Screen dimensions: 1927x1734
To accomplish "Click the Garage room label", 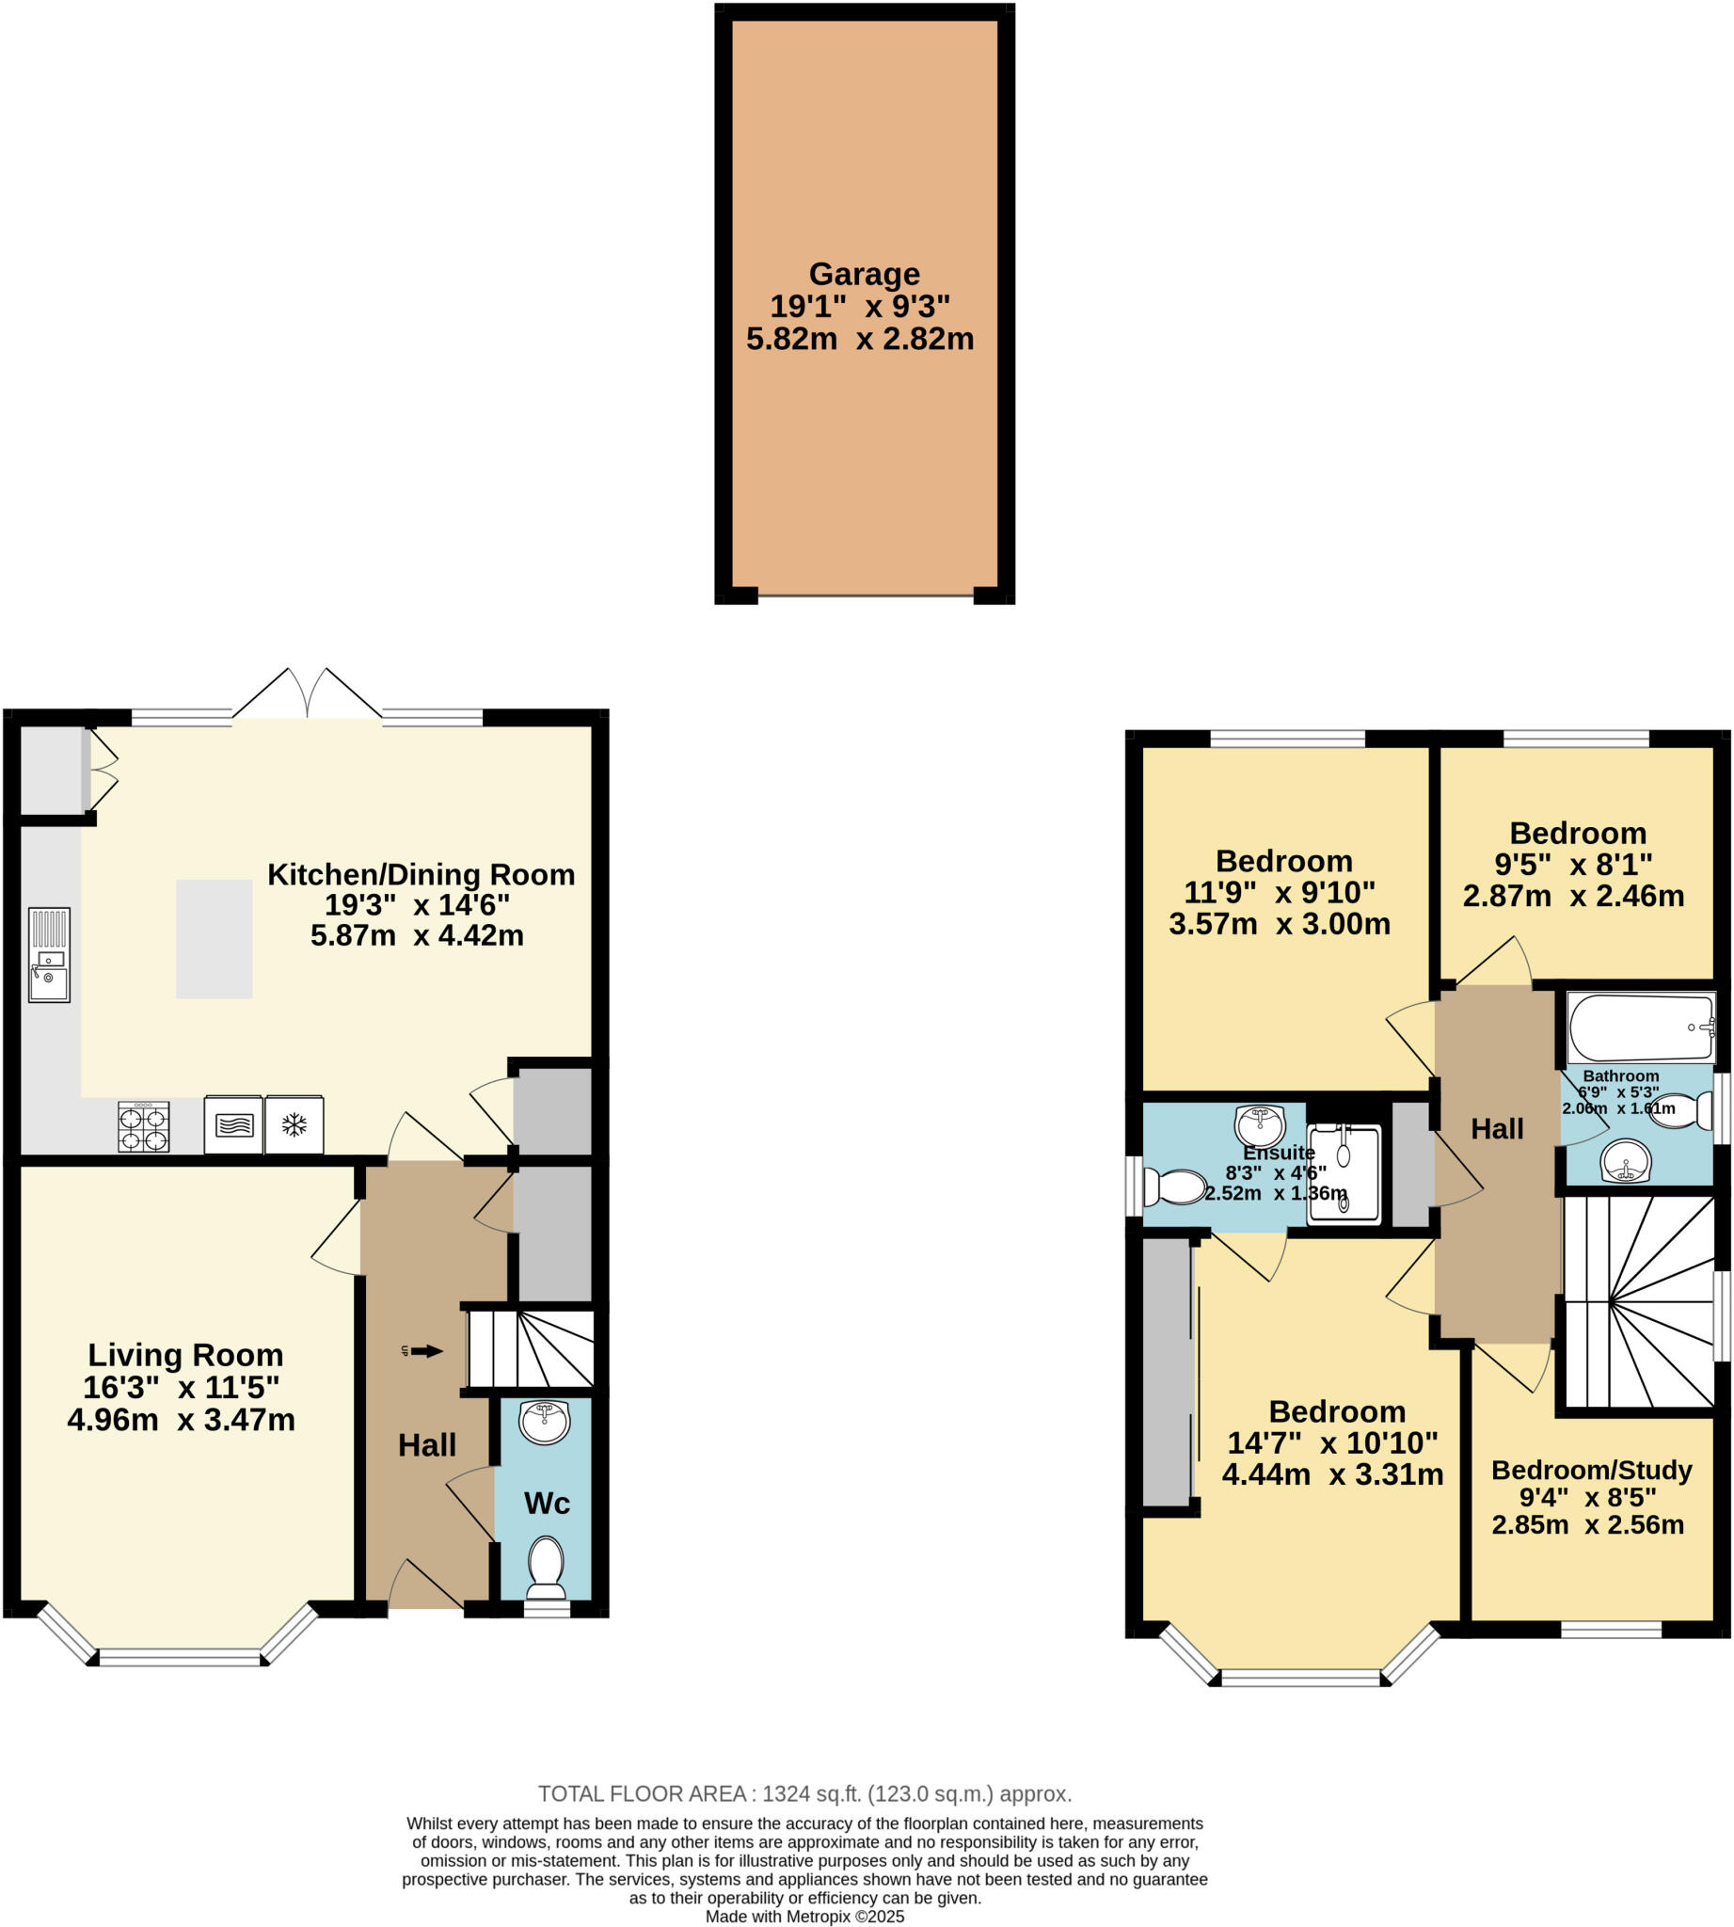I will coord(864,275).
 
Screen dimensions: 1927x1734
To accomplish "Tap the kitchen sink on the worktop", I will coord(49,954).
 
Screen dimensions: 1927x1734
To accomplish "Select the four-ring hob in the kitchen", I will coord(143,1126).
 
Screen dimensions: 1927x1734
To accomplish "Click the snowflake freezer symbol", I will coord(294,1125).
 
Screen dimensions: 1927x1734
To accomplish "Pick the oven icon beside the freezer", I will coord(233,1125).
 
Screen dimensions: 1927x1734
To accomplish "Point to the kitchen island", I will coord(214,939).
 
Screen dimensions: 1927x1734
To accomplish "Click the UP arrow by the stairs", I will coord(427,1350).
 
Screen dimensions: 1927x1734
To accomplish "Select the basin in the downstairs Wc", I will coord(544,1422).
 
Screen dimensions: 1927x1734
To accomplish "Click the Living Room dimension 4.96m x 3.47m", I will coord(181,1420).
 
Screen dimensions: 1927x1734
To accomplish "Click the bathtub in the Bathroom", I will coord(1641,1027).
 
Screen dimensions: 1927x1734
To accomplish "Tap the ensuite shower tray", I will coord(1344,1174).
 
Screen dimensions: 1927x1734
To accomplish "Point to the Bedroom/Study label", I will coord(1591,1470).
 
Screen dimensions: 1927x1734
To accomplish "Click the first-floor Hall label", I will coord(1497,1129).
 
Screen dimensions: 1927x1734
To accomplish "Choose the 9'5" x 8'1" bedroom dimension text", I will coord(1573,865).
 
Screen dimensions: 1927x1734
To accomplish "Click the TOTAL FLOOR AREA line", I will coord(805,1793).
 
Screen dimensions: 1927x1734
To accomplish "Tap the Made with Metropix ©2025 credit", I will coord(805,1917).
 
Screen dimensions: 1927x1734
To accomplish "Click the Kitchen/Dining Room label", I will coord(421,874).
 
